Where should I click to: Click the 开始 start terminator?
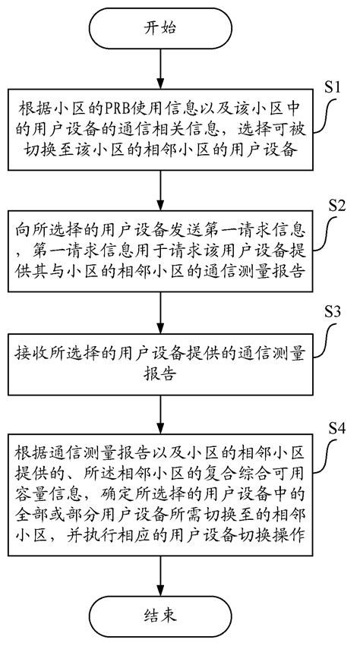159,28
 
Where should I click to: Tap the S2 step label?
336,204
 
